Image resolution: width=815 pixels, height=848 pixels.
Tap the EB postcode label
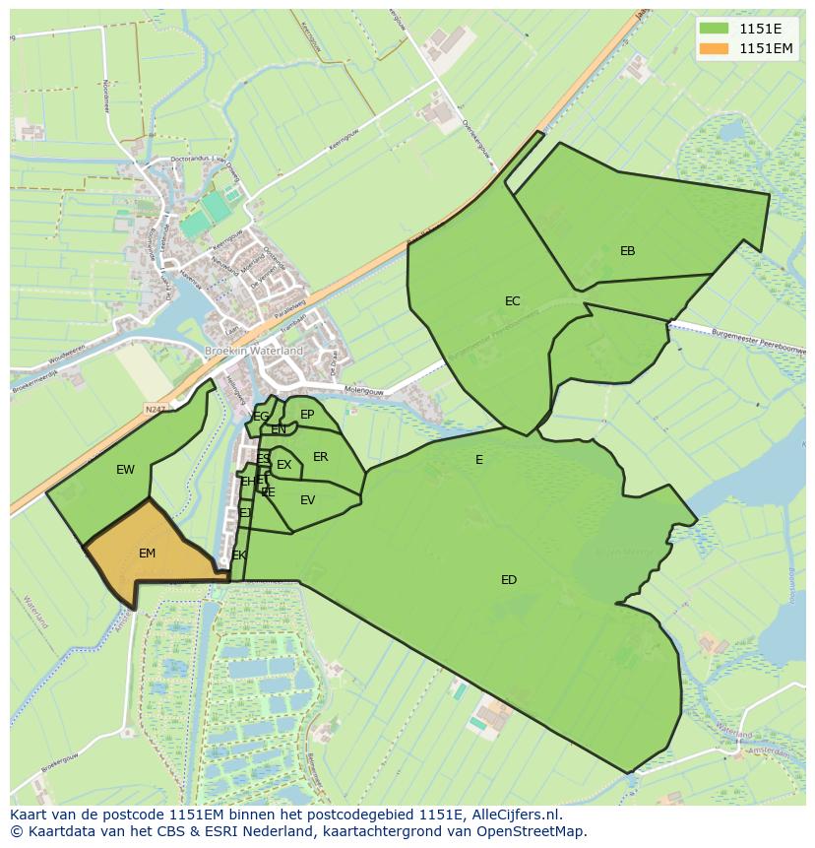[x=627, y=251]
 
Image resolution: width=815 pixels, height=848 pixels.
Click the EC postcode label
[x=512, y=301]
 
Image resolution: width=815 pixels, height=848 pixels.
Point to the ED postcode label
[x=509, y=580]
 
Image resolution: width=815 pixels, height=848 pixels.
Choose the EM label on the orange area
[x=147, y=554]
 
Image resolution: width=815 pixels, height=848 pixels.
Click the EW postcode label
[x=125, y=470]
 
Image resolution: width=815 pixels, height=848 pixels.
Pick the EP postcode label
[x=307, y=415]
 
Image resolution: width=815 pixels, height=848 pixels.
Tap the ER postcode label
[x=320, y=457]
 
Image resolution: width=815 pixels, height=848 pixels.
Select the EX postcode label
[x=283, y=465]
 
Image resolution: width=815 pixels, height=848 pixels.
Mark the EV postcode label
[x=307, y=500]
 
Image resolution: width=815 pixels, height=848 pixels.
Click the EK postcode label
[x=239, y=555]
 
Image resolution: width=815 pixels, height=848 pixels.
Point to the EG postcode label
[x=260, y=417]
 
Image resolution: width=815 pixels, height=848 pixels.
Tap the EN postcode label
[x=279, y=429]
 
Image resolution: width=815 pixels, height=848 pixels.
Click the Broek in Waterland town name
[x=254, y=351]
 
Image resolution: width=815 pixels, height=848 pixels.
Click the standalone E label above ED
[x=479, y=460]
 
